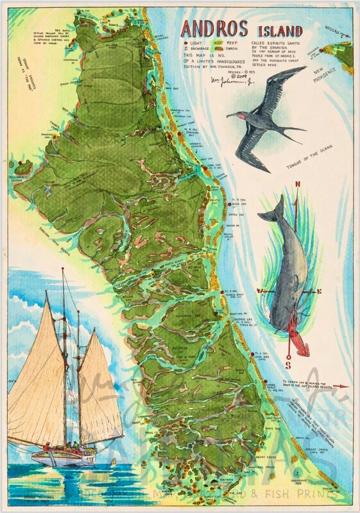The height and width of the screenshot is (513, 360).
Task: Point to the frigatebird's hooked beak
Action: (230, 115)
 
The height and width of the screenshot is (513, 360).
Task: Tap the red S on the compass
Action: (289, 366)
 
